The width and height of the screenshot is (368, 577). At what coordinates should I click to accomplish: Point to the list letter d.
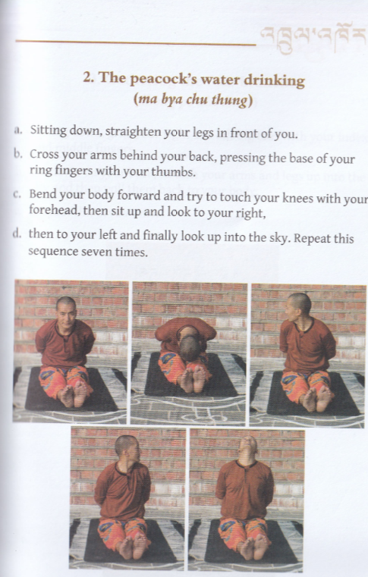[17, 234]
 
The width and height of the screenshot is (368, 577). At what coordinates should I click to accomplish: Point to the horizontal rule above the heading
[136, 42]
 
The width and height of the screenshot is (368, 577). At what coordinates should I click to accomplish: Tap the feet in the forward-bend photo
[193, 378]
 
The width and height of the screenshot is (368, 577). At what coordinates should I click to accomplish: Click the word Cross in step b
[44, 154]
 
